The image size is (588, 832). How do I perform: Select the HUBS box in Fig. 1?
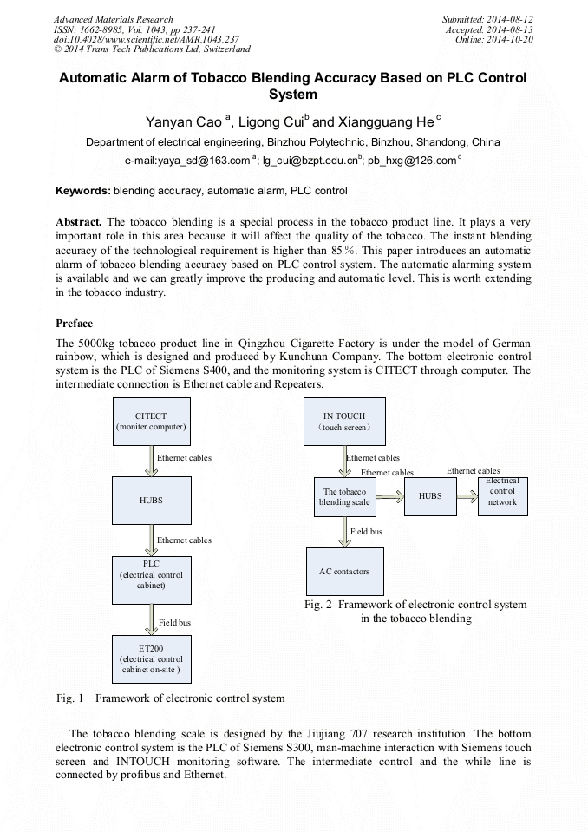point(151,501)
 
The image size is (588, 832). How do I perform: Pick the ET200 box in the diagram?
point(151,658)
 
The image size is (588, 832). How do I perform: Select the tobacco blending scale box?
point(344,496)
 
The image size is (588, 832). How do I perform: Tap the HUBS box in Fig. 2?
point(430,496)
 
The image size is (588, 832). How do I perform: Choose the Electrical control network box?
point(501,496)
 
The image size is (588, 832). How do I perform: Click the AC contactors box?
point(344,571)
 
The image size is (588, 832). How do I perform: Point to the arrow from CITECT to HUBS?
point(151,461)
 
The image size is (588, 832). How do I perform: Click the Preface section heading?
point(75,323)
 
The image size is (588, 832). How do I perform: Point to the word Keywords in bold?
point(83,190)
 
